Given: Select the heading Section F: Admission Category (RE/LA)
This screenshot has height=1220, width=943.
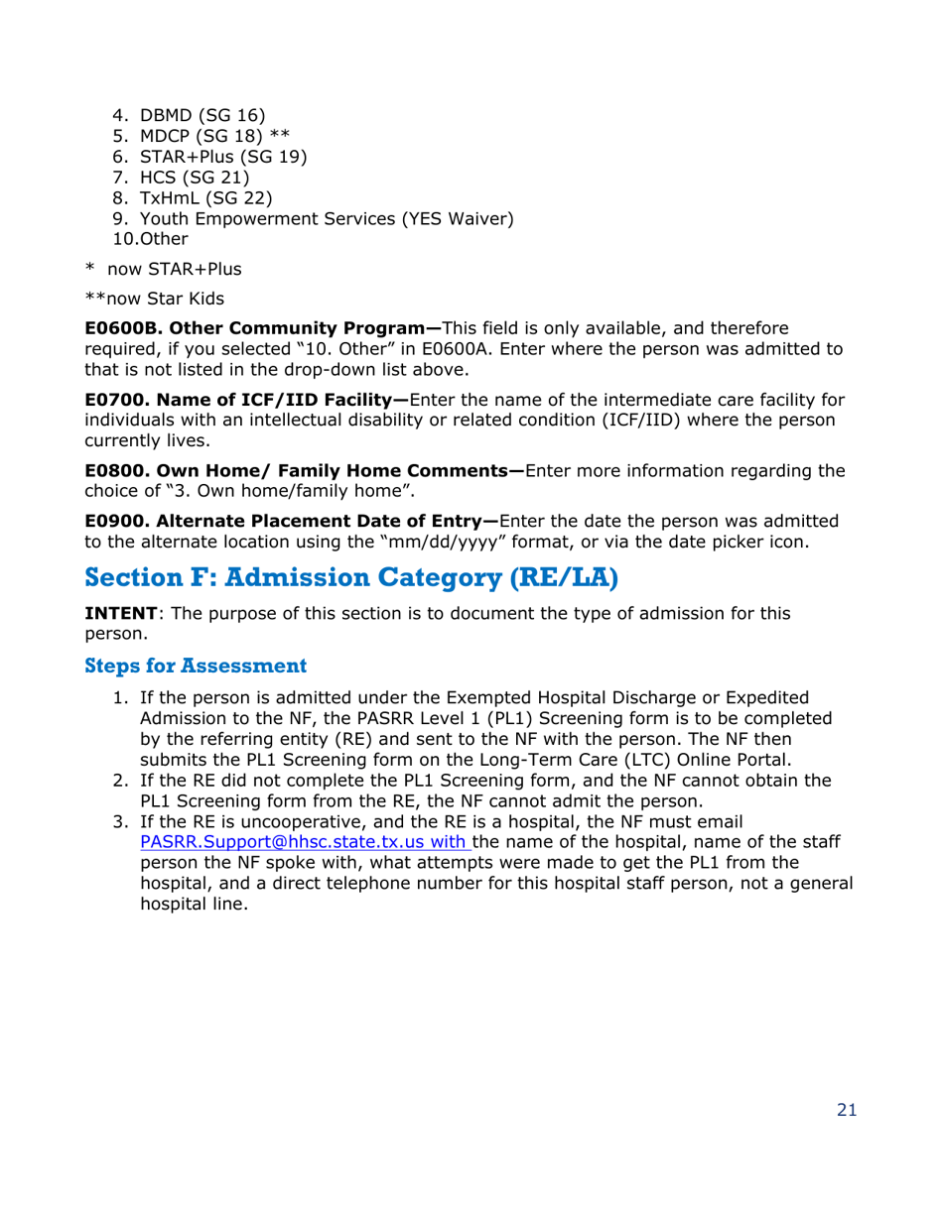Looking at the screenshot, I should tap(351, 578).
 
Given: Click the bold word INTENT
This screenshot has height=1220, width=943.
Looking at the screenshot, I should tap(121, 613).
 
